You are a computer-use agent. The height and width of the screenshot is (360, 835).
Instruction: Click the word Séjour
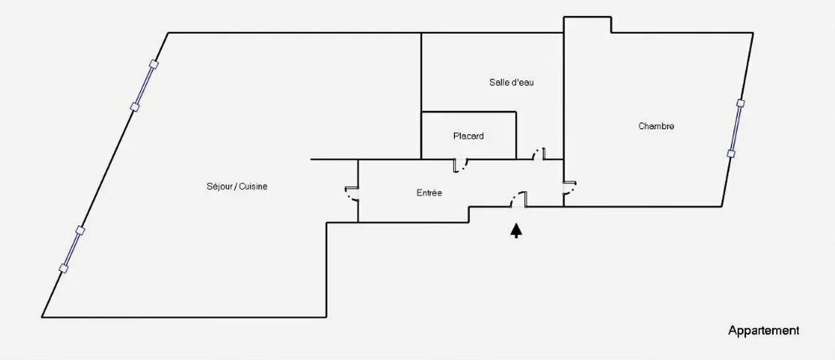click(x=219, y=186)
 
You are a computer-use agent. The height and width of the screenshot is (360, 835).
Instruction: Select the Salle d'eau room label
click(x=511, y=82)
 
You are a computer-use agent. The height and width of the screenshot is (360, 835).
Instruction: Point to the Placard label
click(x=468, y=136)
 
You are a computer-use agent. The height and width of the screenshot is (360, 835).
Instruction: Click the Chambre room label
click(x=656, y=126)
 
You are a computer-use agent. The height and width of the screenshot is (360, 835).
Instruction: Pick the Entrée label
click(x=429, y=193)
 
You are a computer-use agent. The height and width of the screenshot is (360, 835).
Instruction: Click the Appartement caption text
click(x=764, y=330)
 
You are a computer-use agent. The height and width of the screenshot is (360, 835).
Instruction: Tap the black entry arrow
click(x=516, y=231)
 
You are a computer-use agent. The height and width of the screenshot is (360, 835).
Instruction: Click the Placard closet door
click(x=460, y=165)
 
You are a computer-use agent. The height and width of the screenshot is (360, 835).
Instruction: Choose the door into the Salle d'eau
click(x=538, y=154)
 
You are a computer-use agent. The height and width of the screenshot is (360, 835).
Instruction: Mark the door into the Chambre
click(x=569, y=188)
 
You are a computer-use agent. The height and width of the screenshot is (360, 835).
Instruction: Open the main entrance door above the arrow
click(x=520, y=199)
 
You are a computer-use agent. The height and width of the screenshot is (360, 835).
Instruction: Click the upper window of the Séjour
click(x=144, y=86)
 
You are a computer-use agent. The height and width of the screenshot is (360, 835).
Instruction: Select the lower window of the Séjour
click(x=72, y=249)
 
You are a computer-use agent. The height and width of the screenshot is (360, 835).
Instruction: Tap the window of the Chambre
click(x=735, y=128)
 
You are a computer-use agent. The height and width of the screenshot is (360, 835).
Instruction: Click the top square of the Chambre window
click(x=740, y=103)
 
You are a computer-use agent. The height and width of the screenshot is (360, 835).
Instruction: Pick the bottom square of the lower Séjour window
click(x=64, y=269)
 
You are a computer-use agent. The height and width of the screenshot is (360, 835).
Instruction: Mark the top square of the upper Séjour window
click(x=153, y=64)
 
